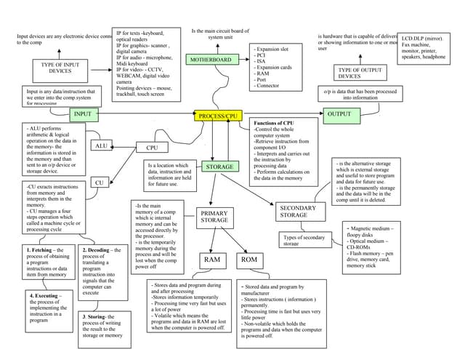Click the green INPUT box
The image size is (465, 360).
[82, 114]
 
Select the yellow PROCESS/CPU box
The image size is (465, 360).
[218, 116]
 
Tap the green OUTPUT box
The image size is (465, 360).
[339, 114]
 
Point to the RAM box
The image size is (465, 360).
[212, 259]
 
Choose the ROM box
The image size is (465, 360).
[249, 259]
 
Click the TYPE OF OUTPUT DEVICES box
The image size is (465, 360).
[349, 72]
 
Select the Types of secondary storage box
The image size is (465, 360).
[304, 241]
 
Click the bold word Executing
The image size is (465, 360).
[46, 296]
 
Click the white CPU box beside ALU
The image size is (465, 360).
[152, 148]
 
